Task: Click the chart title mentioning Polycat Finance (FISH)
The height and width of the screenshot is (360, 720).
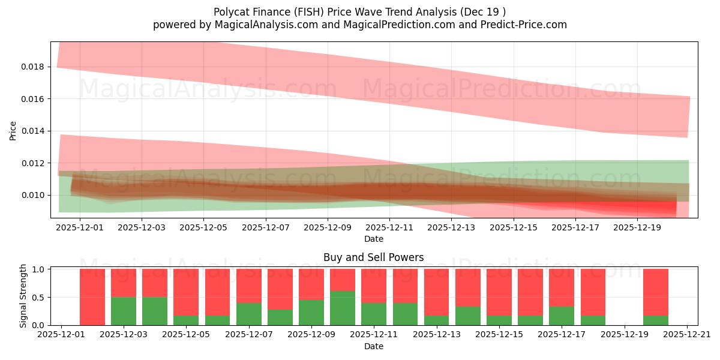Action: point(359,12)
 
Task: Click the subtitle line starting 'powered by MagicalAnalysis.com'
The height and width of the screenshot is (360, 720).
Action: point(359,25)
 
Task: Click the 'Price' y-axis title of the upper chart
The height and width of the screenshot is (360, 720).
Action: point(13,130)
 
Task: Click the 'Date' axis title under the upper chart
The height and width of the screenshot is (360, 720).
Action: point(373,239)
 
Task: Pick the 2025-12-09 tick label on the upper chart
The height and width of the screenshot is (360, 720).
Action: point(328,227)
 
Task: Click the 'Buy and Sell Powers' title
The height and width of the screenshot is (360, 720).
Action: point(373,257)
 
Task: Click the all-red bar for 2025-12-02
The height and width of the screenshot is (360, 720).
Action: point(92,297)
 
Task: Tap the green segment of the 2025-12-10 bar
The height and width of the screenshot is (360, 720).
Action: point(343,308)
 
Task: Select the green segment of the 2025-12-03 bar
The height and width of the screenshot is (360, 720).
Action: point(124,311)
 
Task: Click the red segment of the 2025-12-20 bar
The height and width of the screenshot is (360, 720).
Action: point(655,292)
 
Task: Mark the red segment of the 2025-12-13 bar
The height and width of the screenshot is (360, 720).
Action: point(437,292)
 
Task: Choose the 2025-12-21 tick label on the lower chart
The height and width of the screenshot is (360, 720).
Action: point(686,335)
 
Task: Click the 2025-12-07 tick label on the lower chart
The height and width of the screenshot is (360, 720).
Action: point(249,335)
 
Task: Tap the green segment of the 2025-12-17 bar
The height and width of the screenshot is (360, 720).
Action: point(562,316)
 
